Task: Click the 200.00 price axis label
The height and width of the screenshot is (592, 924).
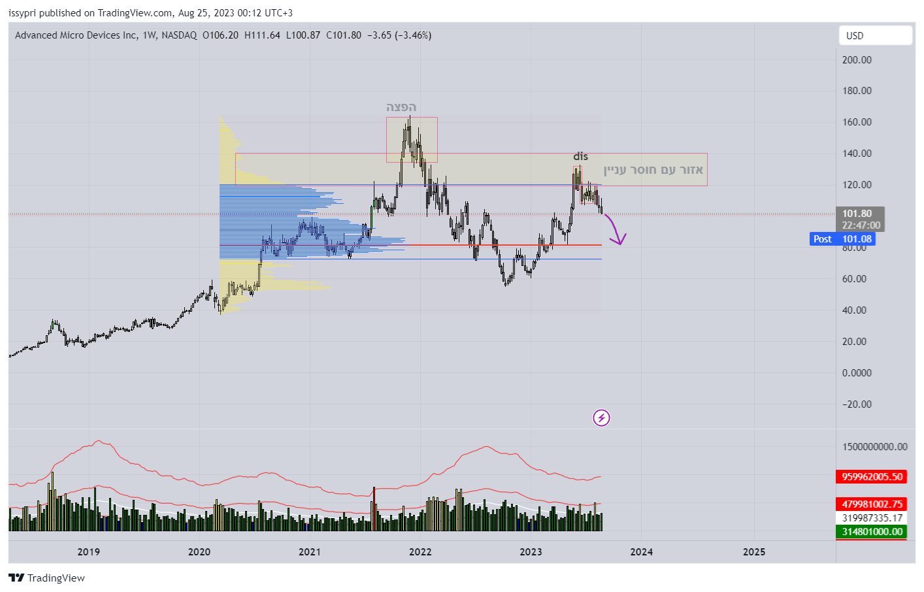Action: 857,60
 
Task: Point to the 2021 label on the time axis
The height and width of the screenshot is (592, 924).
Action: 310,552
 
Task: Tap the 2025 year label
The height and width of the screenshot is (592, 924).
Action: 754,552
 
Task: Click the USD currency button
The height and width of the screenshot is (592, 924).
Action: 875,36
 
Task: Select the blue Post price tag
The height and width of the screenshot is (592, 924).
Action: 842,239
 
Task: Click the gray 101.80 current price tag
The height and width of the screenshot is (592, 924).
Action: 860,219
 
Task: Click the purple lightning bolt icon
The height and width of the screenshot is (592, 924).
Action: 601,418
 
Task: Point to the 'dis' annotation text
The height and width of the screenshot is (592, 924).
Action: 580,157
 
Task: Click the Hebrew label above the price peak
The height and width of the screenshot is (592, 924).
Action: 401,107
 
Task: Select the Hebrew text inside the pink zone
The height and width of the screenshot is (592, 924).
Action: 653,170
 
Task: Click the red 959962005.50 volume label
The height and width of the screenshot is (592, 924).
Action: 872,477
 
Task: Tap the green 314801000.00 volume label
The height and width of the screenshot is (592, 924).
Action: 872,532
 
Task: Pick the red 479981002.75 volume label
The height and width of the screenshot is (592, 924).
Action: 872,504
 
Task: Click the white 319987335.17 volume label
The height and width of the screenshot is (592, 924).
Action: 872,518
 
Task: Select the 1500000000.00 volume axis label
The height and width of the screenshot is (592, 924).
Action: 874,447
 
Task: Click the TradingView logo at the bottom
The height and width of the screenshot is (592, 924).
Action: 47,578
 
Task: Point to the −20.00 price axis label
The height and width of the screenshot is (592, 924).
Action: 857,404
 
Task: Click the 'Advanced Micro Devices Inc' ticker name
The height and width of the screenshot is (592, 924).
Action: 76,35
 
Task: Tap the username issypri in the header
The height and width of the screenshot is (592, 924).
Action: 22,13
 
